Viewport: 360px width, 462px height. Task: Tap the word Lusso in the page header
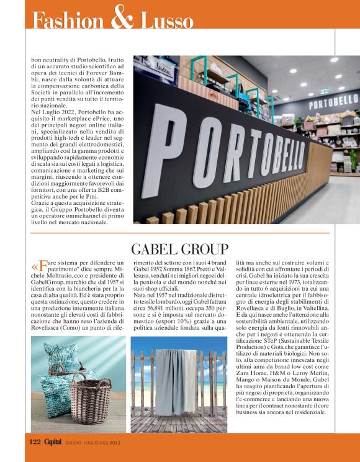(x=166, y=20)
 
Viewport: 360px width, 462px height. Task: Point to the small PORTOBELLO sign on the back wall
(x=333, y=100)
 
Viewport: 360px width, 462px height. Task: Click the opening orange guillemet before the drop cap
(x=34, y=267)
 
